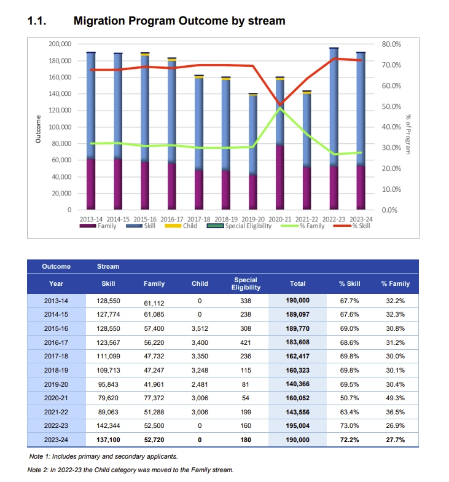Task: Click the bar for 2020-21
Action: click(x=280, y=143)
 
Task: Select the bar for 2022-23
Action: click(x=334, y=128)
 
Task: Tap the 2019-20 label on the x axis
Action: click(x=253, y=219)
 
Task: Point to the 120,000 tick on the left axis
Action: click(x=60, y=111)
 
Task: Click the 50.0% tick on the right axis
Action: click(x=391, y=107)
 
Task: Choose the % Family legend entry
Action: click(x=303, y=226)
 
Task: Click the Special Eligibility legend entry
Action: click(x=240, y=226)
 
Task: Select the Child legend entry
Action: click(x=181, y=226)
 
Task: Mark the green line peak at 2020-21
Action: click(x=280, y=108)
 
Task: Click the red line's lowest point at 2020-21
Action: click(x=280, y=105)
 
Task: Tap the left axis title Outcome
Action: click(x=38, y=129)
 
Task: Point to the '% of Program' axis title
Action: click(x=408, y=134)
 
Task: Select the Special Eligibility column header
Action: click(x=246, y=284)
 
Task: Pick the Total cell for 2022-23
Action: click(x=297, y=425)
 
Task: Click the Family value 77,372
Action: click(x=154, y=398)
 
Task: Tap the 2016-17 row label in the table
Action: click(x=56, y=342)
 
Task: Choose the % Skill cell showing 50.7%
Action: click(x=349, y=398)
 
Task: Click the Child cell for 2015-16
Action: click(x=200, y=328)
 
